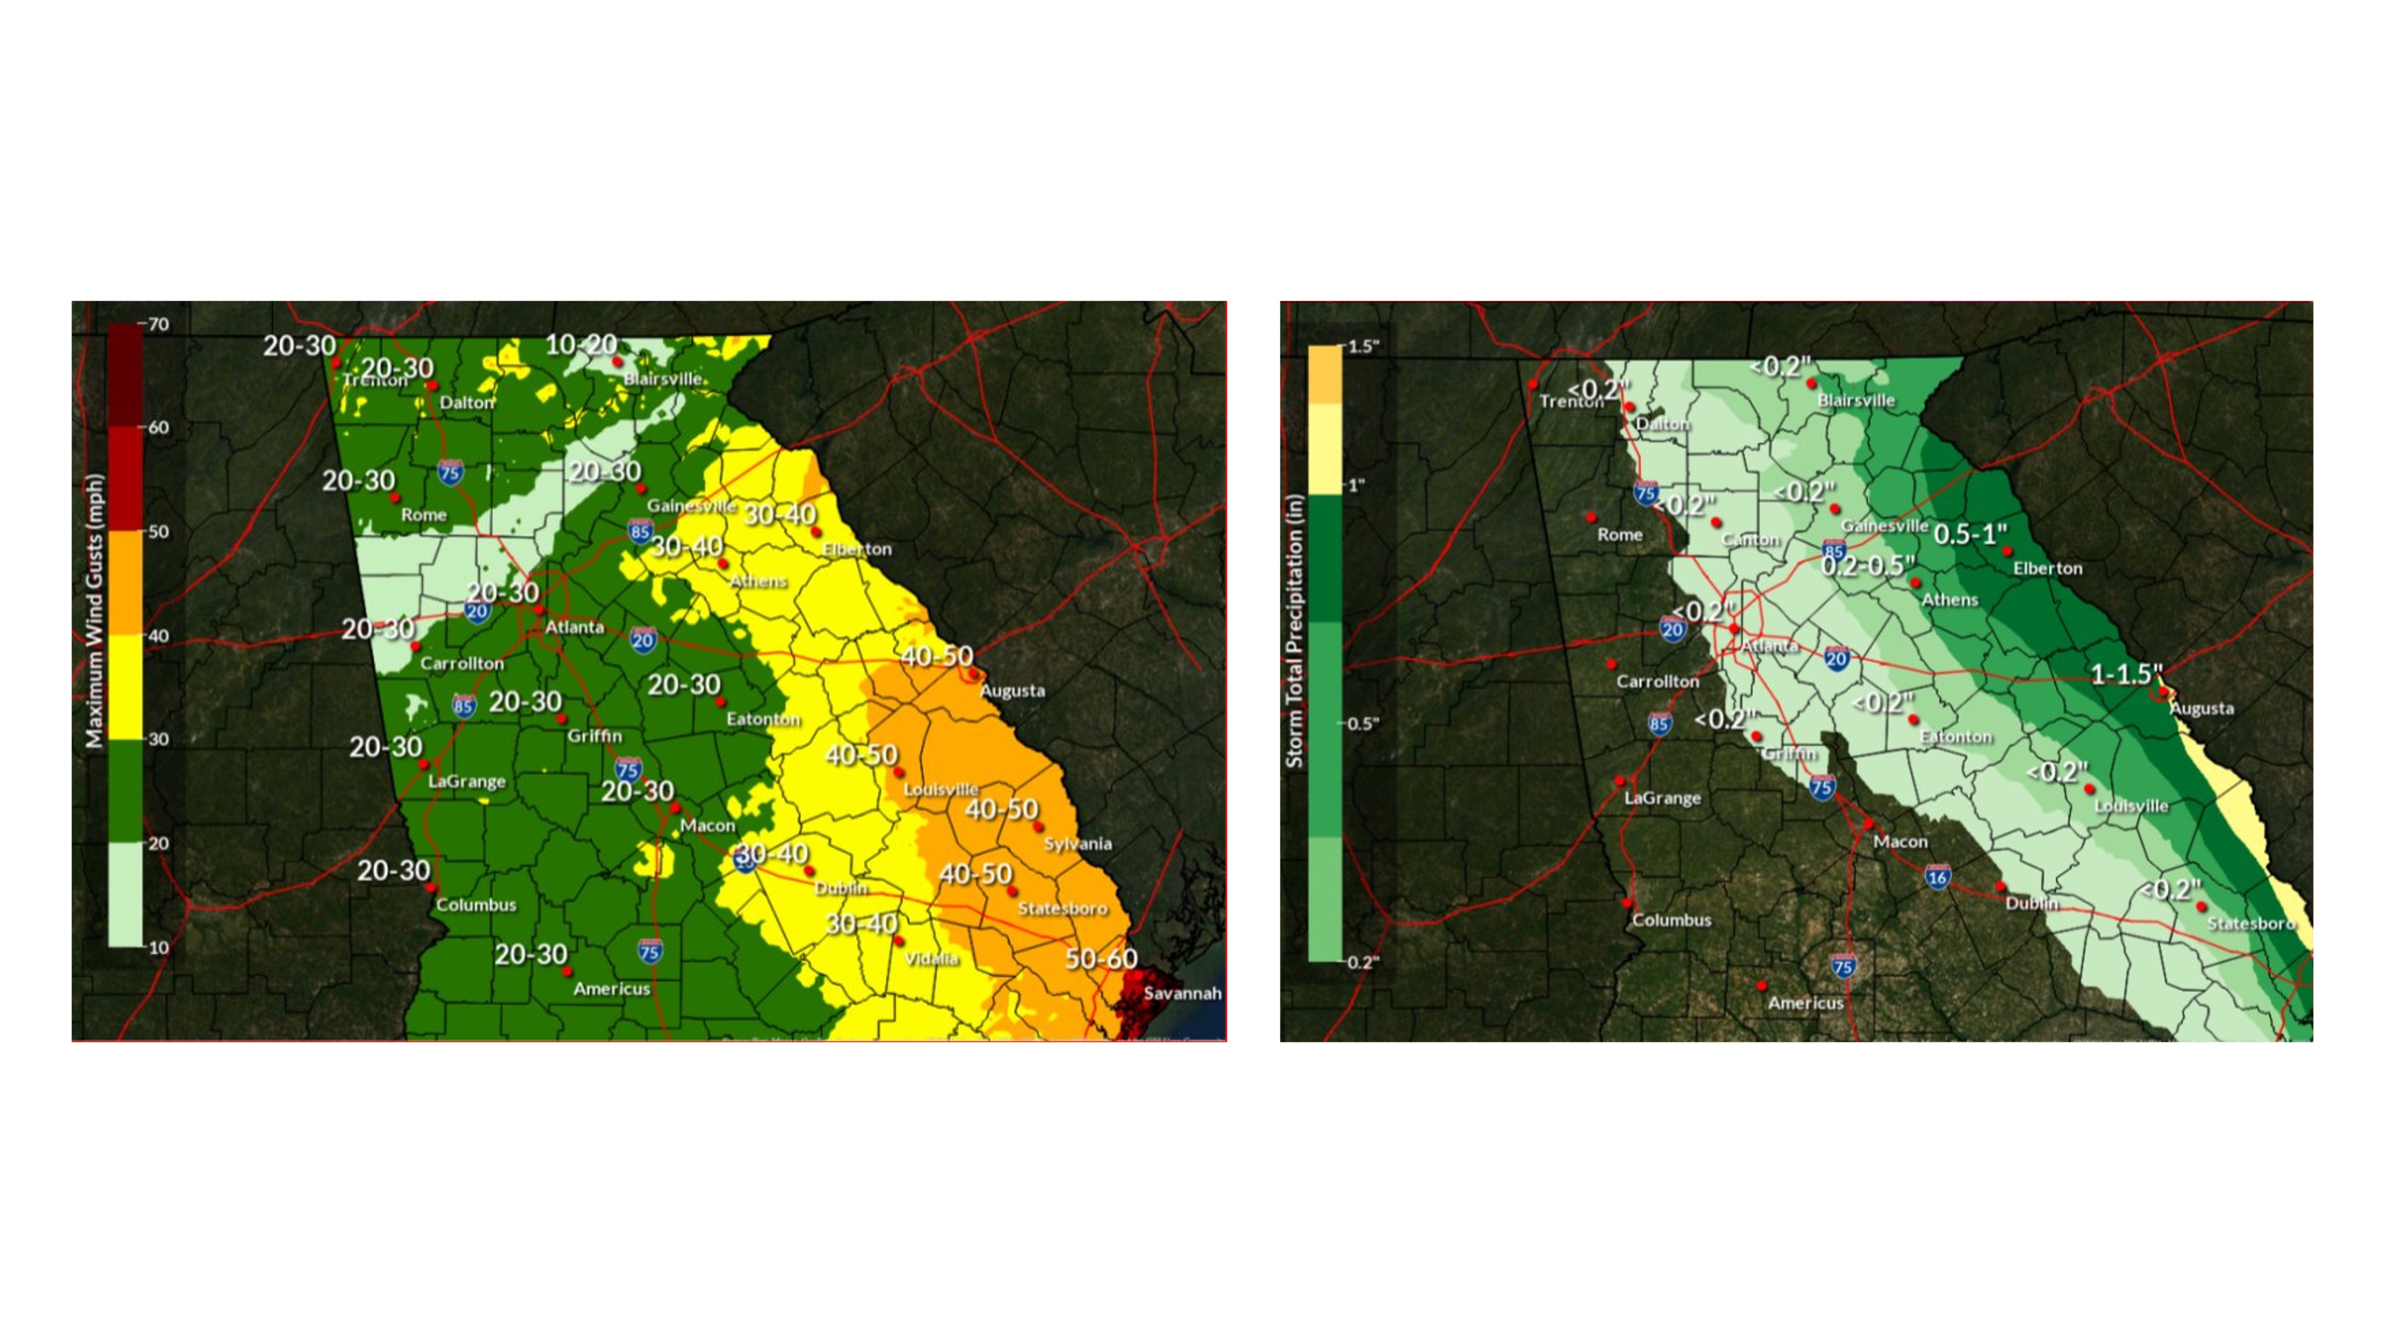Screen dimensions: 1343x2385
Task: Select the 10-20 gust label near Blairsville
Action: [x=580, y=344]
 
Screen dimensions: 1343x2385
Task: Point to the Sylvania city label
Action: [x=1077, y=843]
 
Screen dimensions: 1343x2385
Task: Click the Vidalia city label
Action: [x=930, y=958]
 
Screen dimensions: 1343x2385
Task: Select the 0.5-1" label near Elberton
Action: [x=1970, y=534]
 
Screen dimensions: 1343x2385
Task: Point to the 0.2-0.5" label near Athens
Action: [x=1867, y=564]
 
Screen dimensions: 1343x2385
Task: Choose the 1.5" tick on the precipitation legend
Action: [x=1363, y=346]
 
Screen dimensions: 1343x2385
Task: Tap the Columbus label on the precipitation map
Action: [x=1671, y=920]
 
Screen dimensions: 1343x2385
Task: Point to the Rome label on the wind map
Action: [x=423, y=515]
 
